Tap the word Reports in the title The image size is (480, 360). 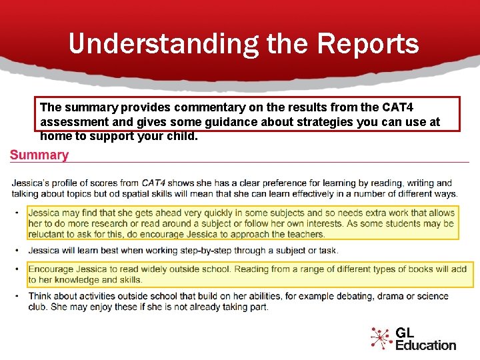pyautogui.click(x=368, y=44)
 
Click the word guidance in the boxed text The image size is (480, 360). pyautogui.click(x=204, y=122)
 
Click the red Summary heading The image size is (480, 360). pyautogui.click(x=39, y=155)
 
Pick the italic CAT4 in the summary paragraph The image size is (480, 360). pyautogui.click(x=153, y=183)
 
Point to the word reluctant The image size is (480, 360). pyautogui.click(x=49, y=234)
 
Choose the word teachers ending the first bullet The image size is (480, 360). pyautogui.click(x=304, y=234)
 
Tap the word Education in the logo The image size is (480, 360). pyautogui.click(x=425, y=345)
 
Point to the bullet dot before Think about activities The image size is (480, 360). pyautogui.click(x=15, y=296)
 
